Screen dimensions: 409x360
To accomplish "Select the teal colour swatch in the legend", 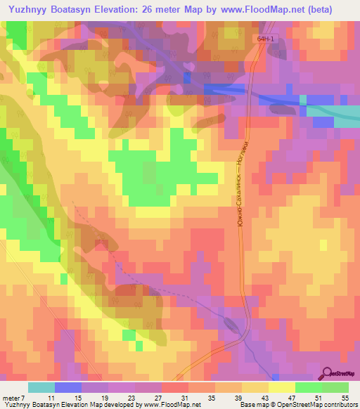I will click(41, 387).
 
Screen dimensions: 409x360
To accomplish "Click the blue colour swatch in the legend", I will click(68, 387).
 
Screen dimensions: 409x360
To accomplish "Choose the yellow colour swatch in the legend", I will click(282, 387).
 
